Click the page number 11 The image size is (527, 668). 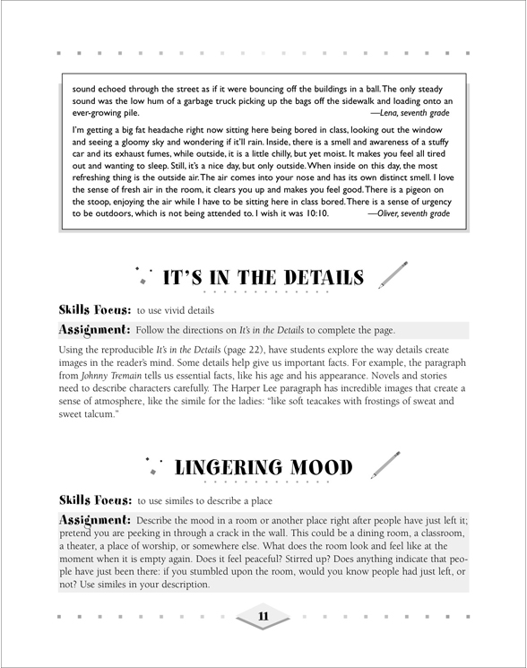click(263, 617)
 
